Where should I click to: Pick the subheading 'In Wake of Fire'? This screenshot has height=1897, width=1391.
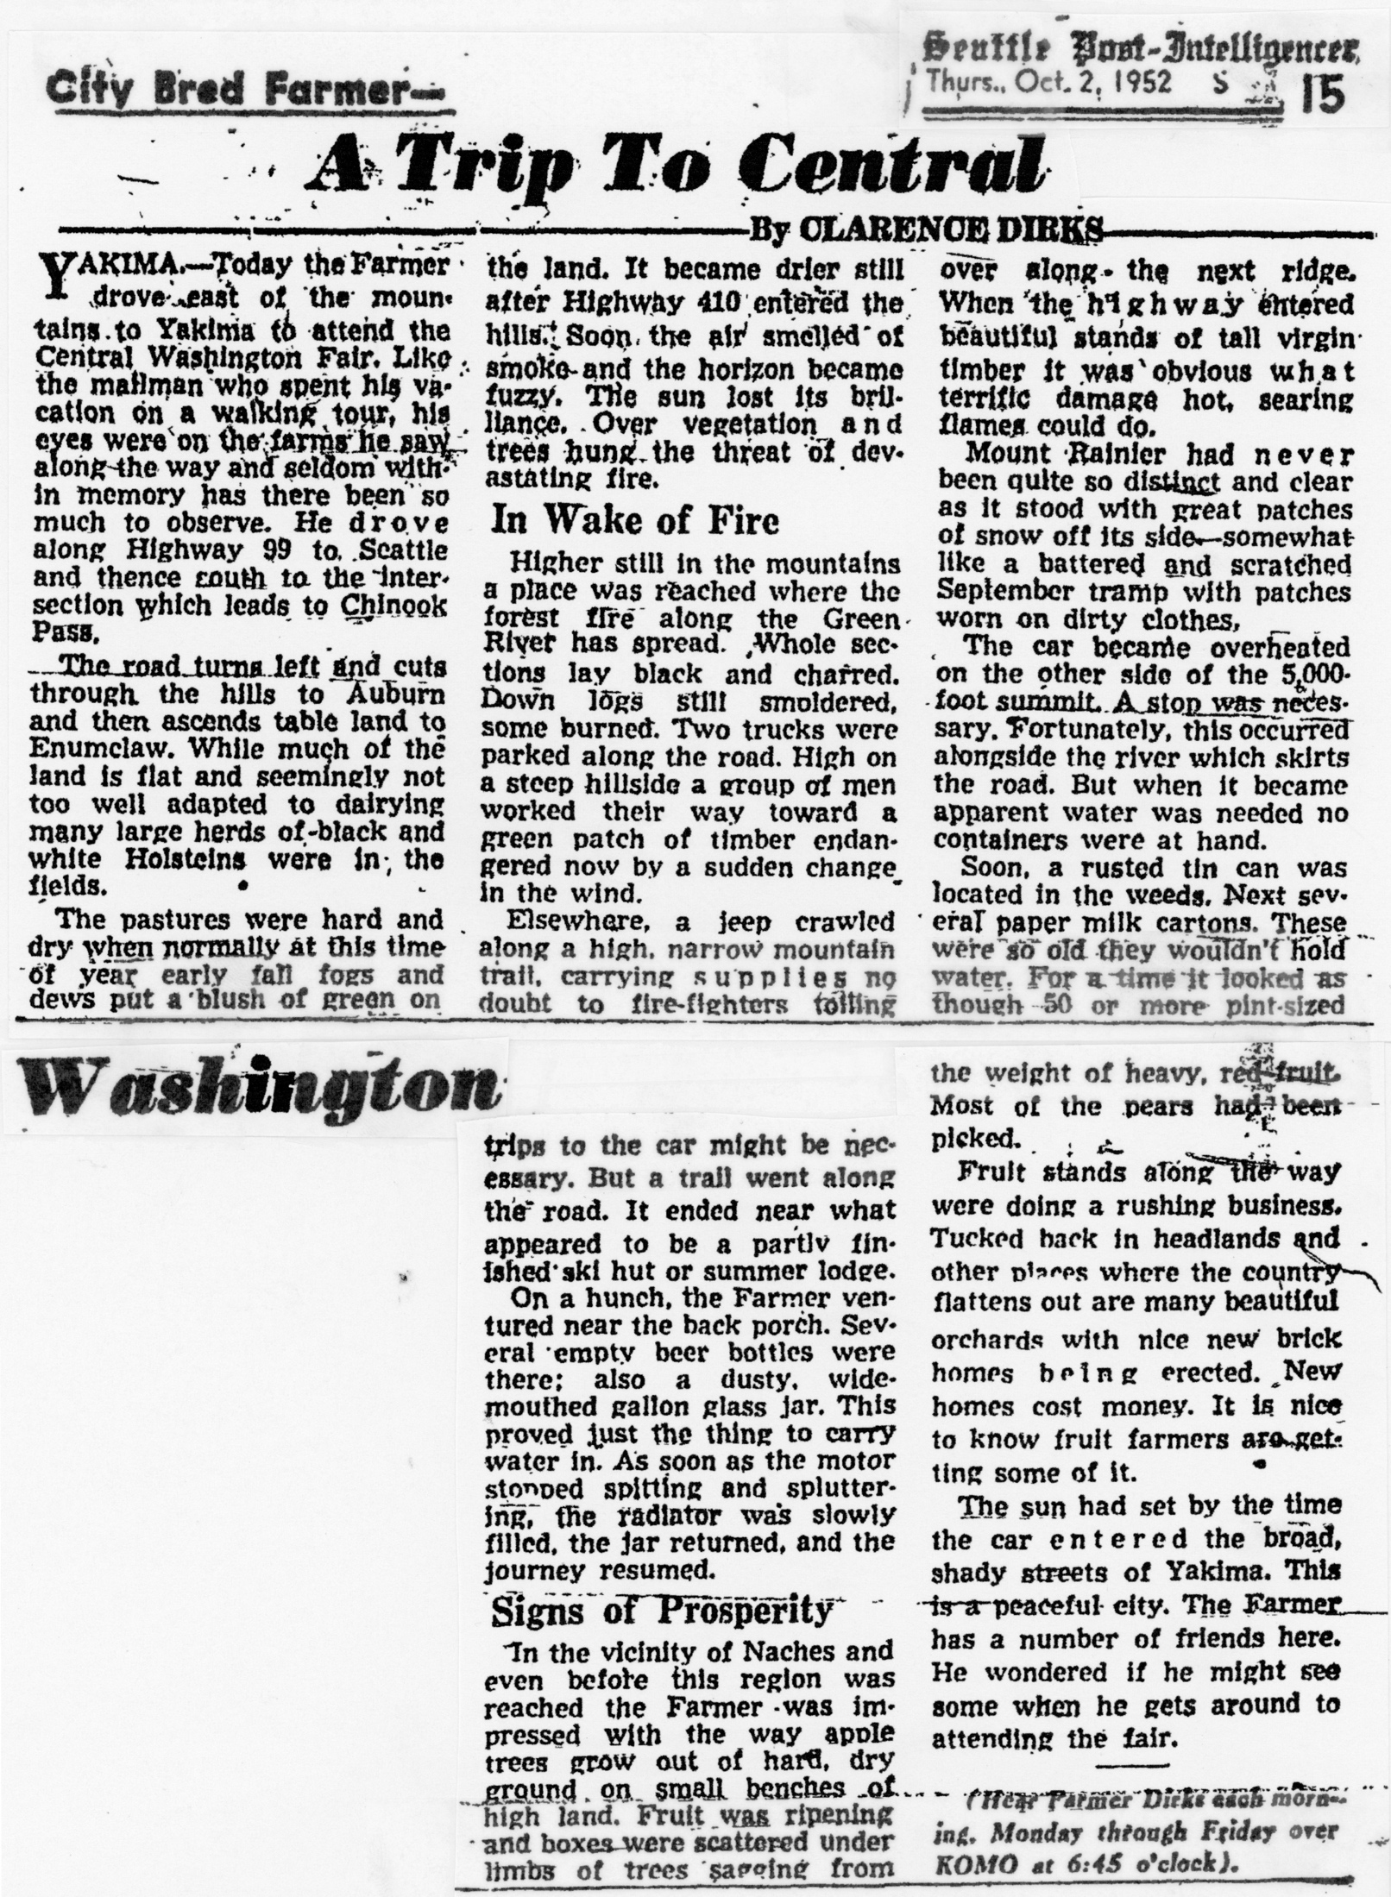[635, 520]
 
